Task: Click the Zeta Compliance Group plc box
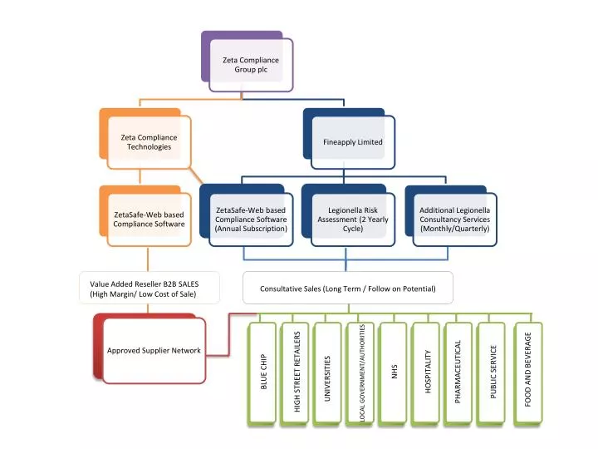coord(250,65)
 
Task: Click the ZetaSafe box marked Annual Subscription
coord(250,220)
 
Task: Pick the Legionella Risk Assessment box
coord(353,220)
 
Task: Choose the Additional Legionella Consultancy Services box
coord(454,220)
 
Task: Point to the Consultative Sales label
coord(347,289)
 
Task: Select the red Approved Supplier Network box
coord(154,351)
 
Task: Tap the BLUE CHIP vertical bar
coord(263,374)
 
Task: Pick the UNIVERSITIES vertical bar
coord(328,374)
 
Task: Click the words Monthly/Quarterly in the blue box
coord(454,229)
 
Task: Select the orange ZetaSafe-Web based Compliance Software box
coord(149,220)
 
